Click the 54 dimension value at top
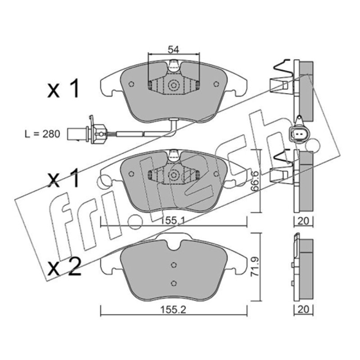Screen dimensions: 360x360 [173, 49]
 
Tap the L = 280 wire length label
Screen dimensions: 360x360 [42, 134]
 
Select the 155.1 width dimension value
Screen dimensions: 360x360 [172, 221]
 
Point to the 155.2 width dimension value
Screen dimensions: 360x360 [173, 310]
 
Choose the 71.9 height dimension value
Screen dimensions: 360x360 [255, 266]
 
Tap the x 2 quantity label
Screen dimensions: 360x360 [64, 266]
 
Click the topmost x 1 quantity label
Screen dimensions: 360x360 [63, 88]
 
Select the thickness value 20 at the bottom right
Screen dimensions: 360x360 [303, 309]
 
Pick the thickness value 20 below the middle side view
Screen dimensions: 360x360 [303, 221]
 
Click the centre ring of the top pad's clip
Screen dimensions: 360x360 [173, 85]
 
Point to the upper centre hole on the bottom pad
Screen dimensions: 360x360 [174, 265]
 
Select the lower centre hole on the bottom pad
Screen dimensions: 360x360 [174, 283]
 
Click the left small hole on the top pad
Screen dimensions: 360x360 [131, 84]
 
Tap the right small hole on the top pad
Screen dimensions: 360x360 [216, 84]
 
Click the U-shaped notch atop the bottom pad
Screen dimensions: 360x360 [174, 245]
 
